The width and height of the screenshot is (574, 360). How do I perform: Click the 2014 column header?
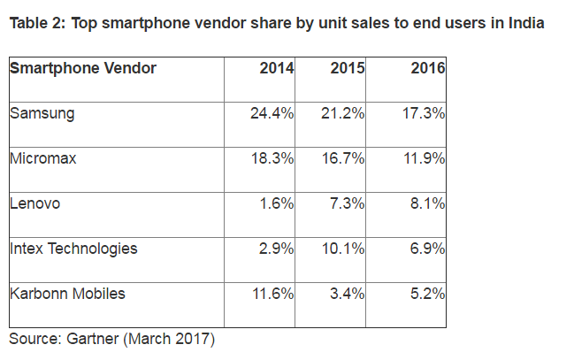tap(277, 68)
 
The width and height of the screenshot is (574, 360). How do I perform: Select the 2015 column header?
tap(348, 68)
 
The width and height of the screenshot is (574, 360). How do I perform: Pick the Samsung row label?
tap(42, 113)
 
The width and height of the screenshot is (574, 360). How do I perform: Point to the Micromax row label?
tap(44, 158)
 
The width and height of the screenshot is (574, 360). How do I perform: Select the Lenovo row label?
tap(36, 203)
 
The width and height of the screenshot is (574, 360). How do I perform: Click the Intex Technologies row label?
tap(73, 249)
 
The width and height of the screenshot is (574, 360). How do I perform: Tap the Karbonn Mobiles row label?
tap(67, 294)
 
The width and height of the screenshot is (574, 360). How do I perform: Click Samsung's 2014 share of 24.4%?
tap(272, 113)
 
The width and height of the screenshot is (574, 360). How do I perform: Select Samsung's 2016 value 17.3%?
tap(422, 113)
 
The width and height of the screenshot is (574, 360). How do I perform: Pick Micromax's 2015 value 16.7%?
tap(343, 158)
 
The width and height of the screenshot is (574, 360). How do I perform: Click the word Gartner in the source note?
tap(97, 338)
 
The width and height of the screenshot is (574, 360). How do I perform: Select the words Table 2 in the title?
tap(36, 23)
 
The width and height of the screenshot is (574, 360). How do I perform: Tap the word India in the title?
tap(524, 23)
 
